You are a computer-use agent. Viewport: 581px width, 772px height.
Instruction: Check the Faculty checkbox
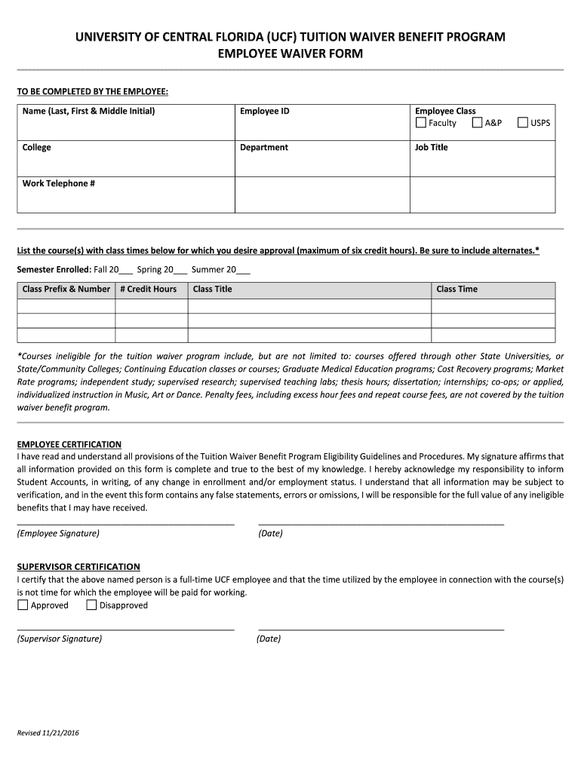pyautogui.click(x=421, y=123)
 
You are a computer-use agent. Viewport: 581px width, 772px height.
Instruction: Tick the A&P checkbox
pyautogui.click(x=477, y=123)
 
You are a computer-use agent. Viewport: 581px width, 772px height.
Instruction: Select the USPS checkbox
pyautogui.click(x=523, y=123)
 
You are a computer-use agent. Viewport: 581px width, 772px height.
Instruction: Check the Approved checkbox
pyautogui.click(x=23, y=605)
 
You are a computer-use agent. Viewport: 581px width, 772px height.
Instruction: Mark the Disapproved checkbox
pyautogui.click(x=91, y=605)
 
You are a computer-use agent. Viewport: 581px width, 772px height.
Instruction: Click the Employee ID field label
pyautogui.click(x=264, y=111)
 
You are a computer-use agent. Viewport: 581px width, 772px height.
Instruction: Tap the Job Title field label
pyautogui.click(x=431, y=148)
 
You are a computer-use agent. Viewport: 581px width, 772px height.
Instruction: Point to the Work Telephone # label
pyautogui.click(x=59, y=184)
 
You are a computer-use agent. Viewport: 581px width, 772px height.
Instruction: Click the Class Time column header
pyautogui.click(x=456, y=289)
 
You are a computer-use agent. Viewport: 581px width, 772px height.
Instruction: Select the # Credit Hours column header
pyautogui.click(x=148, y=289)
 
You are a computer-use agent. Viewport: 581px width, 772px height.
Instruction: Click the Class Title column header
pyautogui.click(x=213, y=289)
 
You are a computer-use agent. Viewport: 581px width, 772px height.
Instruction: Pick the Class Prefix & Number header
pyautogui.click(x=66, y=289)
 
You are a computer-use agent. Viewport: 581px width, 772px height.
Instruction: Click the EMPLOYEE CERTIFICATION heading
pyautogui.click(x=69, y=444)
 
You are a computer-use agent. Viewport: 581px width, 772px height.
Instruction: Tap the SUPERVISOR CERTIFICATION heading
pyautogui.click(x=78, y=566)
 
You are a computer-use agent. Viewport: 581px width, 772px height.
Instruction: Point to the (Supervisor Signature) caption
pyautogui.click(x=60, y=639)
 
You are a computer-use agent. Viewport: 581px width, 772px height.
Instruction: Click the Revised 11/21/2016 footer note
pyautogui.click(x=49, y=734)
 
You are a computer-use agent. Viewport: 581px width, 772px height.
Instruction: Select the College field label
pyautogui.click(x=37, y=148)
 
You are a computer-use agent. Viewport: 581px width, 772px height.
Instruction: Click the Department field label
pyautogui.click(x=264, y=148)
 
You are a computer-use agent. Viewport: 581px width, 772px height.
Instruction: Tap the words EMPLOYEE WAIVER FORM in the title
pyautogui.click(x=290, y=54)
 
